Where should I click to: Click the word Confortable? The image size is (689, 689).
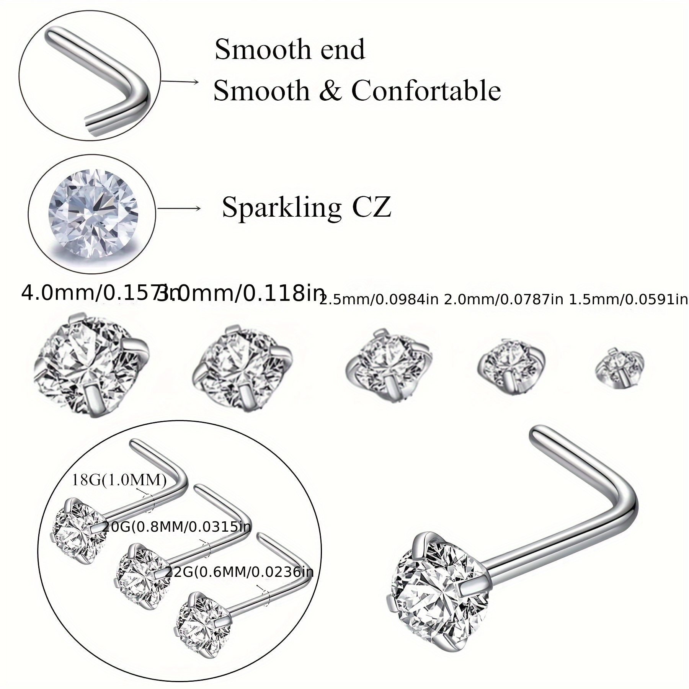click(x=426, y=91)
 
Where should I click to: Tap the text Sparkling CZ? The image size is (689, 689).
click(x=306, y=207)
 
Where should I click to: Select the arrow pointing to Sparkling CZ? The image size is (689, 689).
click(x=179, y=208)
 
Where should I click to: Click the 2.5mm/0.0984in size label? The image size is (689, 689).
click(x=379, y=300)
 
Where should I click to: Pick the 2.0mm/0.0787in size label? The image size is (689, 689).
click(x=503, y=300)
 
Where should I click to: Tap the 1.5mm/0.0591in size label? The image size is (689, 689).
click(x=629, y=300)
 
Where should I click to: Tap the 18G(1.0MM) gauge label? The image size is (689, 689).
click(x=119, y=480)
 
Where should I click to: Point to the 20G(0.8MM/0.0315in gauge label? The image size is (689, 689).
click(x=176, y=527)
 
